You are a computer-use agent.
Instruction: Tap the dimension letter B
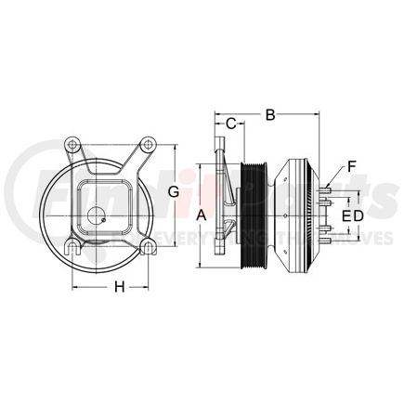point(269,116)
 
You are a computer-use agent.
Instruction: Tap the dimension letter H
point(119,286)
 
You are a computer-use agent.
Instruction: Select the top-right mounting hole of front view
point(146,146)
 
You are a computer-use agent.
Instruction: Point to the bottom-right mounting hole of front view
point(146,247)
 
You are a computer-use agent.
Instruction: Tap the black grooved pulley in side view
point(255,215)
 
